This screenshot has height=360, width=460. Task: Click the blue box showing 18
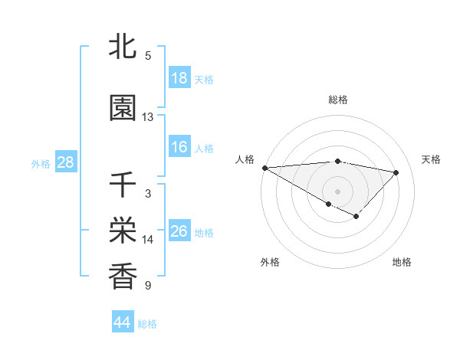pos(179,78)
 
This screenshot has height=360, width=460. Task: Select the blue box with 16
pos(179,147)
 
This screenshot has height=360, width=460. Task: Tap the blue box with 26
pos(179,231)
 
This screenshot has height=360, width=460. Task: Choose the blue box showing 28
pos(65,162)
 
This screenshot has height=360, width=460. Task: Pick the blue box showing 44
pos(122,322)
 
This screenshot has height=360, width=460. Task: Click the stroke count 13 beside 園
pos(148,117)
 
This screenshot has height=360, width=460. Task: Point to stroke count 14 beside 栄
pos(148,240)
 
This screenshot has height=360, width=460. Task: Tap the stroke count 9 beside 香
pos(148,286)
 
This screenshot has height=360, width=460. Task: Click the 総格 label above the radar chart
pos(337,100)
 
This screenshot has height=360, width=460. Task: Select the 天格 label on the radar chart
pos(431,159)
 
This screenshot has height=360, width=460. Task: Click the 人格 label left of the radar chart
pos(245,159)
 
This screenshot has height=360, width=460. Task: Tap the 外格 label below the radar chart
pos(270,262)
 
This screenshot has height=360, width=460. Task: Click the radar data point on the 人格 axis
pos(264,167)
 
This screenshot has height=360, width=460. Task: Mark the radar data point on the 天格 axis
pos(396,172)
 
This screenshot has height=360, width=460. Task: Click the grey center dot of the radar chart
pos(337,191)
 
